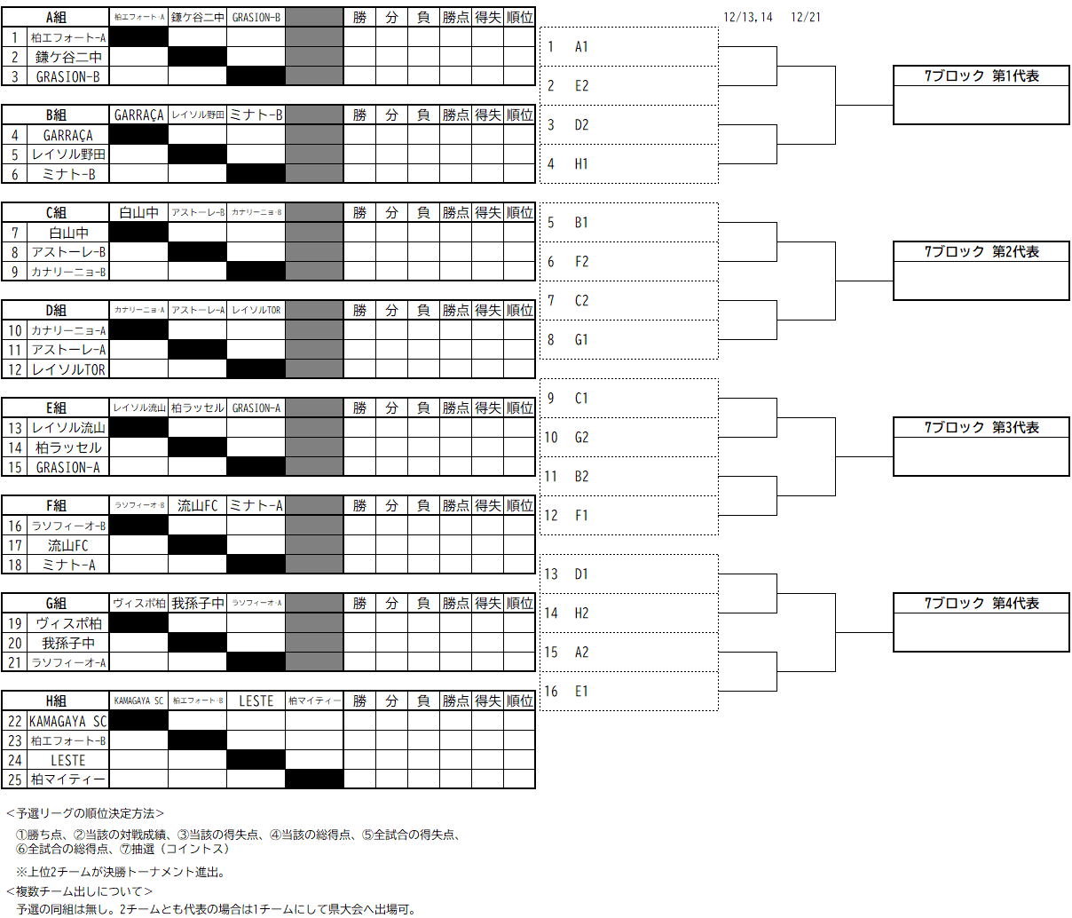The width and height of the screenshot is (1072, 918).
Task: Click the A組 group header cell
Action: pos(56,18)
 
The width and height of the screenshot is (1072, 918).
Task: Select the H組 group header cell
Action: pos(56,701)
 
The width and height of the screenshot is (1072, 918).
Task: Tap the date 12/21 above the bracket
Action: pos(805,18)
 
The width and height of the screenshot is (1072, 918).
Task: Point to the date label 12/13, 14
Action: pos(748,18)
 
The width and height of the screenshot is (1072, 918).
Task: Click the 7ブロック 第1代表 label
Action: pos(981,76)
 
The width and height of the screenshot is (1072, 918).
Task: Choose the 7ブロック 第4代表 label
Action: pos(981,604)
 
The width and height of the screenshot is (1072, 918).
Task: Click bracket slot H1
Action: pos(581,164)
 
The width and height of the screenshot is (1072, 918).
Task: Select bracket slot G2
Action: pos(581,438)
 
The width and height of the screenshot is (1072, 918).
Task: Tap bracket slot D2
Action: pos(581,125)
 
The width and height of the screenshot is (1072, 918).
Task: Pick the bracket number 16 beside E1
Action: pos(551,692)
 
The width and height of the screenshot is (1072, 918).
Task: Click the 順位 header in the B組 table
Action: pos(519,115)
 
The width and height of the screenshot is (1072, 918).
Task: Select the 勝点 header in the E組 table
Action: pos(455,408)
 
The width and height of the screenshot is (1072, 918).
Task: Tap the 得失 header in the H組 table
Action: pos(487,701)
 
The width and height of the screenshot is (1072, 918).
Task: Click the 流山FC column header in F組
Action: pos(197,506)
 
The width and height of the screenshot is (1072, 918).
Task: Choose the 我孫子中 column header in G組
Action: pos(197,604)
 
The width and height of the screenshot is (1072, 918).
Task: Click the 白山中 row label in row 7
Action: pos(68,233)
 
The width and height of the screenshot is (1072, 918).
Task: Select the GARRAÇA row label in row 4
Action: pos(68,135)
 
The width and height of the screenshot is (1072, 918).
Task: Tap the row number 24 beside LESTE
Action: pos(15,761)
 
